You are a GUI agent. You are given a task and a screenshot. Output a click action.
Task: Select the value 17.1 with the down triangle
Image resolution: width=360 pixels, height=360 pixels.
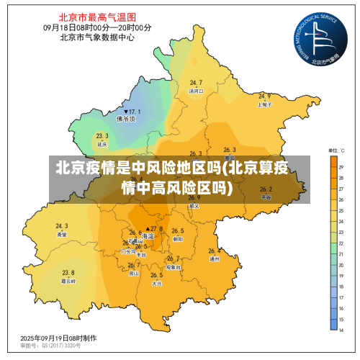click(132, 112)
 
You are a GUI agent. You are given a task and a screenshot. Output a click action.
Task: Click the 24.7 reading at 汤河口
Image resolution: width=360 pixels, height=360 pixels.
click(196, 83)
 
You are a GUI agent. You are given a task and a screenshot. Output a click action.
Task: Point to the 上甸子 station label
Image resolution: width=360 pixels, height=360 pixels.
click(264, 104)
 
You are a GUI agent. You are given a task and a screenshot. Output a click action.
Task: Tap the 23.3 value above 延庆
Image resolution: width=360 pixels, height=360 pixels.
click(102, 135)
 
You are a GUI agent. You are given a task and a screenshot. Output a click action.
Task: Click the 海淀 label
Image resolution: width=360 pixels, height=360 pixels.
click(148, 236)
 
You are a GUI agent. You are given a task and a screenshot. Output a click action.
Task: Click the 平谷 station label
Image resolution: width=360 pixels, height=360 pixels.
click(266, 197)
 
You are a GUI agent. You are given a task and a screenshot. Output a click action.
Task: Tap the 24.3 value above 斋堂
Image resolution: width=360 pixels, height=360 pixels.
click(62, 226)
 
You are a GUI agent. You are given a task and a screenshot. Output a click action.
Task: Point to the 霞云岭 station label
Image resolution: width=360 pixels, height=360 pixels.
click(68, 281)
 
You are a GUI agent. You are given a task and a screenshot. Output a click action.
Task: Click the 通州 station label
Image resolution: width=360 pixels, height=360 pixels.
click(214, 259)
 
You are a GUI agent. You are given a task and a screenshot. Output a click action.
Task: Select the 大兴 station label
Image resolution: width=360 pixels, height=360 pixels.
click(157, 284)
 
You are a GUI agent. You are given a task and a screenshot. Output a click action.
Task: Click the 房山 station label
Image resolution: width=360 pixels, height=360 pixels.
click(134, 274)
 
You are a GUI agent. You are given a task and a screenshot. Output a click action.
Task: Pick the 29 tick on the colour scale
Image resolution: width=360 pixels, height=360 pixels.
click(341, 167)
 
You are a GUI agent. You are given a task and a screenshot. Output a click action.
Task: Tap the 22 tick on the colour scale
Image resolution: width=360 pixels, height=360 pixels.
click(341, 243)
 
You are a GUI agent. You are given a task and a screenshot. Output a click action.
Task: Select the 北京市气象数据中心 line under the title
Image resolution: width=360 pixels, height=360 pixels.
click(97, 37)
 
